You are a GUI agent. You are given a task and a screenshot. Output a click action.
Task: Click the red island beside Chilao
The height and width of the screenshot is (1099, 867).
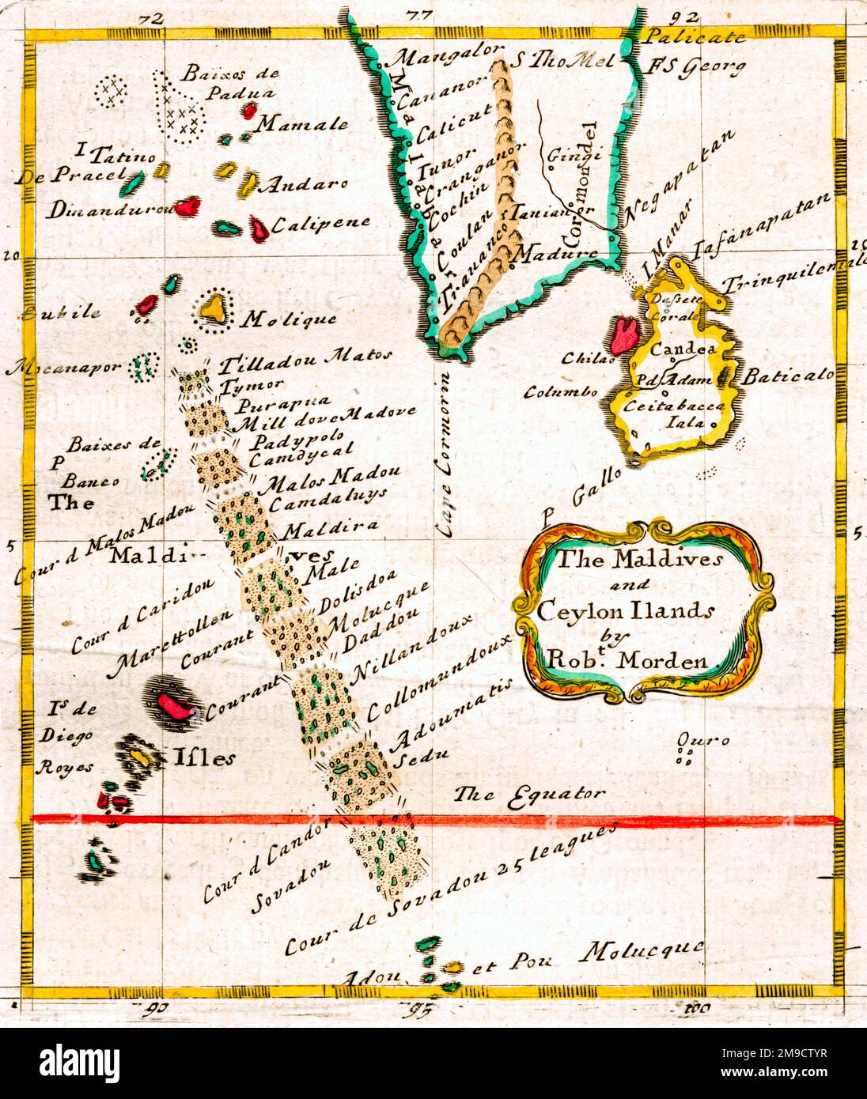click(x=624, y=334)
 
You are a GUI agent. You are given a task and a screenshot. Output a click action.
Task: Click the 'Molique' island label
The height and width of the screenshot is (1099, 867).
click(x=288, y=320)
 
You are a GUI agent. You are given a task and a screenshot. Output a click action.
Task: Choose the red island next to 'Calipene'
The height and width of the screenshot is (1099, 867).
click(x=258, y=228)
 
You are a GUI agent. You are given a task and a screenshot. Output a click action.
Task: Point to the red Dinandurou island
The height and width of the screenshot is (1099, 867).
click(x=187, y=207)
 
